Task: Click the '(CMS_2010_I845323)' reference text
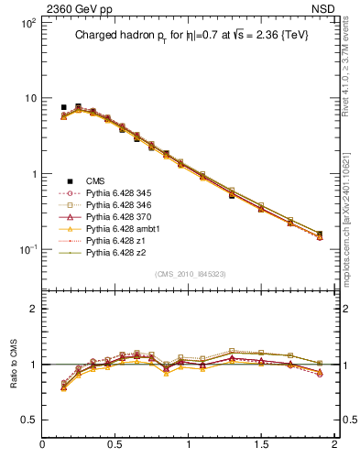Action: (x=190, y=274)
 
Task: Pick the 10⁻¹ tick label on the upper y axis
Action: (x=27, y=249)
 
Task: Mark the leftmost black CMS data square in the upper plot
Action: (x=63, y=107)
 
